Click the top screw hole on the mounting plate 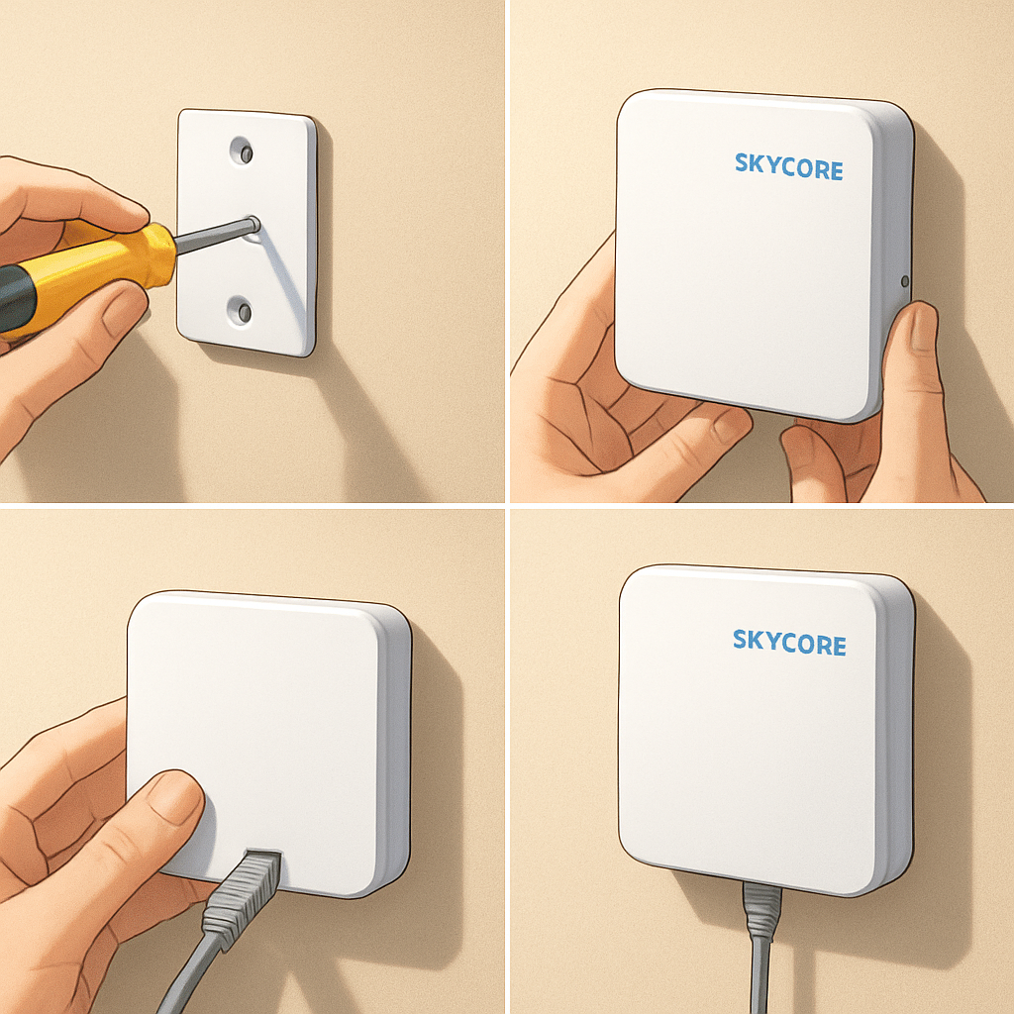coord(242,151)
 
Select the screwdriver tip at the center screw coord(253,225)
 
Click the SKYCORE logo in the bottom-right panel coord(789,642)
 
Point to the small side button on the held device coord(904,281)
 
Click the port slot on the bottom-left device coord(262,852)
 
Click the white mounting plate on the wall coord(247,233)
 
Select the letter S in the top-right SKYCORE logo coord(742,163)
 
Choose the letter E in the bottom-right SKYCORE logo coord(838,646)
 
